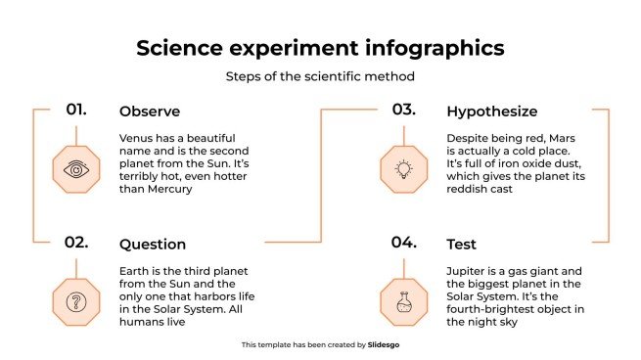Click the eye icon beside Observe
pyautogui.click(x=75, y=169)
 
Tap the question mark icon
pyautogui.click(x=75, y=301)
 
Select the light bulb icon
pyautogui.click(x=403, y=169)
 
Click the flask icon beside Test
pyautogui.click(x=403, y=301)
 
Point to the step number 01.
pyautogui.click(x=76, y=110)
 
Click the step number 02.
pyautogui.click(x=76, y=243)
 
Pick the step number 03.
pyautogui.click(x=404, y=110)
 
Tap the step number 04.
pyautogui.click(x=404, y=243)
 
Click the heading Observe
pyautogui.click(x=149, y=112)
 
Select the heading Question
pyautogui.click(x=152, y=245)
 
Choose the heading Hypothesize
pyautogui.click(x=491, y=112)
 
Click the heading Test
pyautogui.click(x=462, y=245)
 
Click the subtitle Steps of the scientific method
pyautogui.click(x=320, y=76)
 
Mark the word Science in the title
pyautogui.click(x=178, y=48)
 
